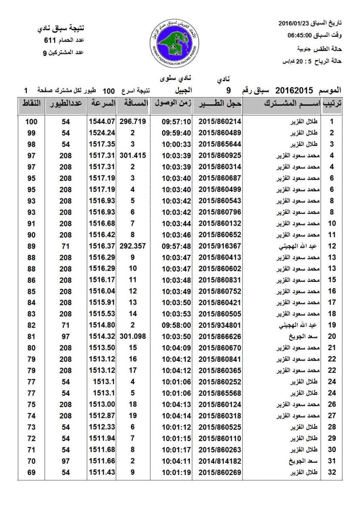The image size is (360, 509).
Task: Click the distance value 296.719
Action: [133, 122]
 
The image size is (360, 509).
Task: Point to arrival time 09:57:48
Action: [176, 246]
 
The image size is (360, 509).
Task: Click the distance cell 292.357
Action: [133, 246]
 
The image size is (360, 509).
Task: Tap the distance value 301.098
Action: [133, 337]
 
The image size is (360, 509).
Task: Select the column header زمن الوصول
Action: [172, 103]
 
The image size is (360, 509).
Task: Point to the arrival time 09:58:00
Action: [176, 325]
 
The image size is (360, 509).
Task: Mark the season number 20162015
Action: [294, 90]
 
